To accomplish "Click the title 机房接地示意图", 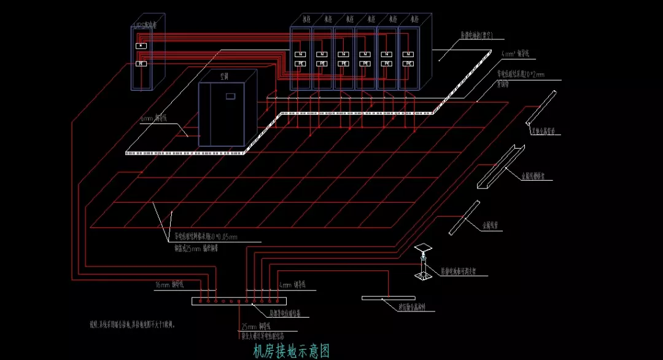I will [292, 351].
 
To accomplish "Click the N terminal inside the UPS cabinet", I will [141, 45].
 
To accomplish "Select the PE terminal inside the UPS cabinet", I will [141, 63].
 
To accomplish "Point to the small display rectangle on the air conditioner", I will [231, 96].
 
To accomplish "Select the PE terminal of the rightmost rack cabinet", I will [408, 63].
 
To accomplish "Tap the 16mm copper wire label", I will [168, 285].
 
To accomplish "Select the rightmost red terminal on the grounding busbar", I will [277, 302].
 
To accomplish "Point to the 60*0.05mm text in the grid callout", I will [215, 236].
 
